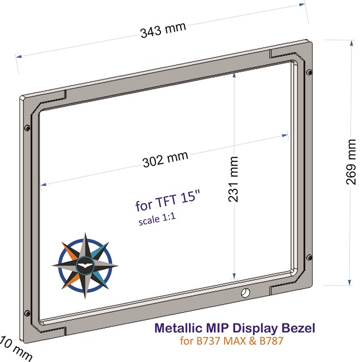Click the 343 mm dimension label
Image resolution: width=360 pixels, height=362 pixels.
[163, 30]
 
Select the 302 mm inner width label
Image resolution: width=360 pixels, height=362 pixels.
[166, 160]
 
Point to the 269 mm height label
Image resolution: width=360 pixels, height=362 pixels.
[352, 162]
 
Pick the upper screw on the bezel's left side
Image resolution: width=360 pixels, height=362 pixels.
[27, 128]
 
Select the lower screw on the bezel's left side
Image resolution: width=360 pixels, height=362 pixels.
[26, 311]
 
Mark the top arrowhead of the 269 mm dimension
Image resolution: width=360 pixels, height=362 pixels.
[351, 43]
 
